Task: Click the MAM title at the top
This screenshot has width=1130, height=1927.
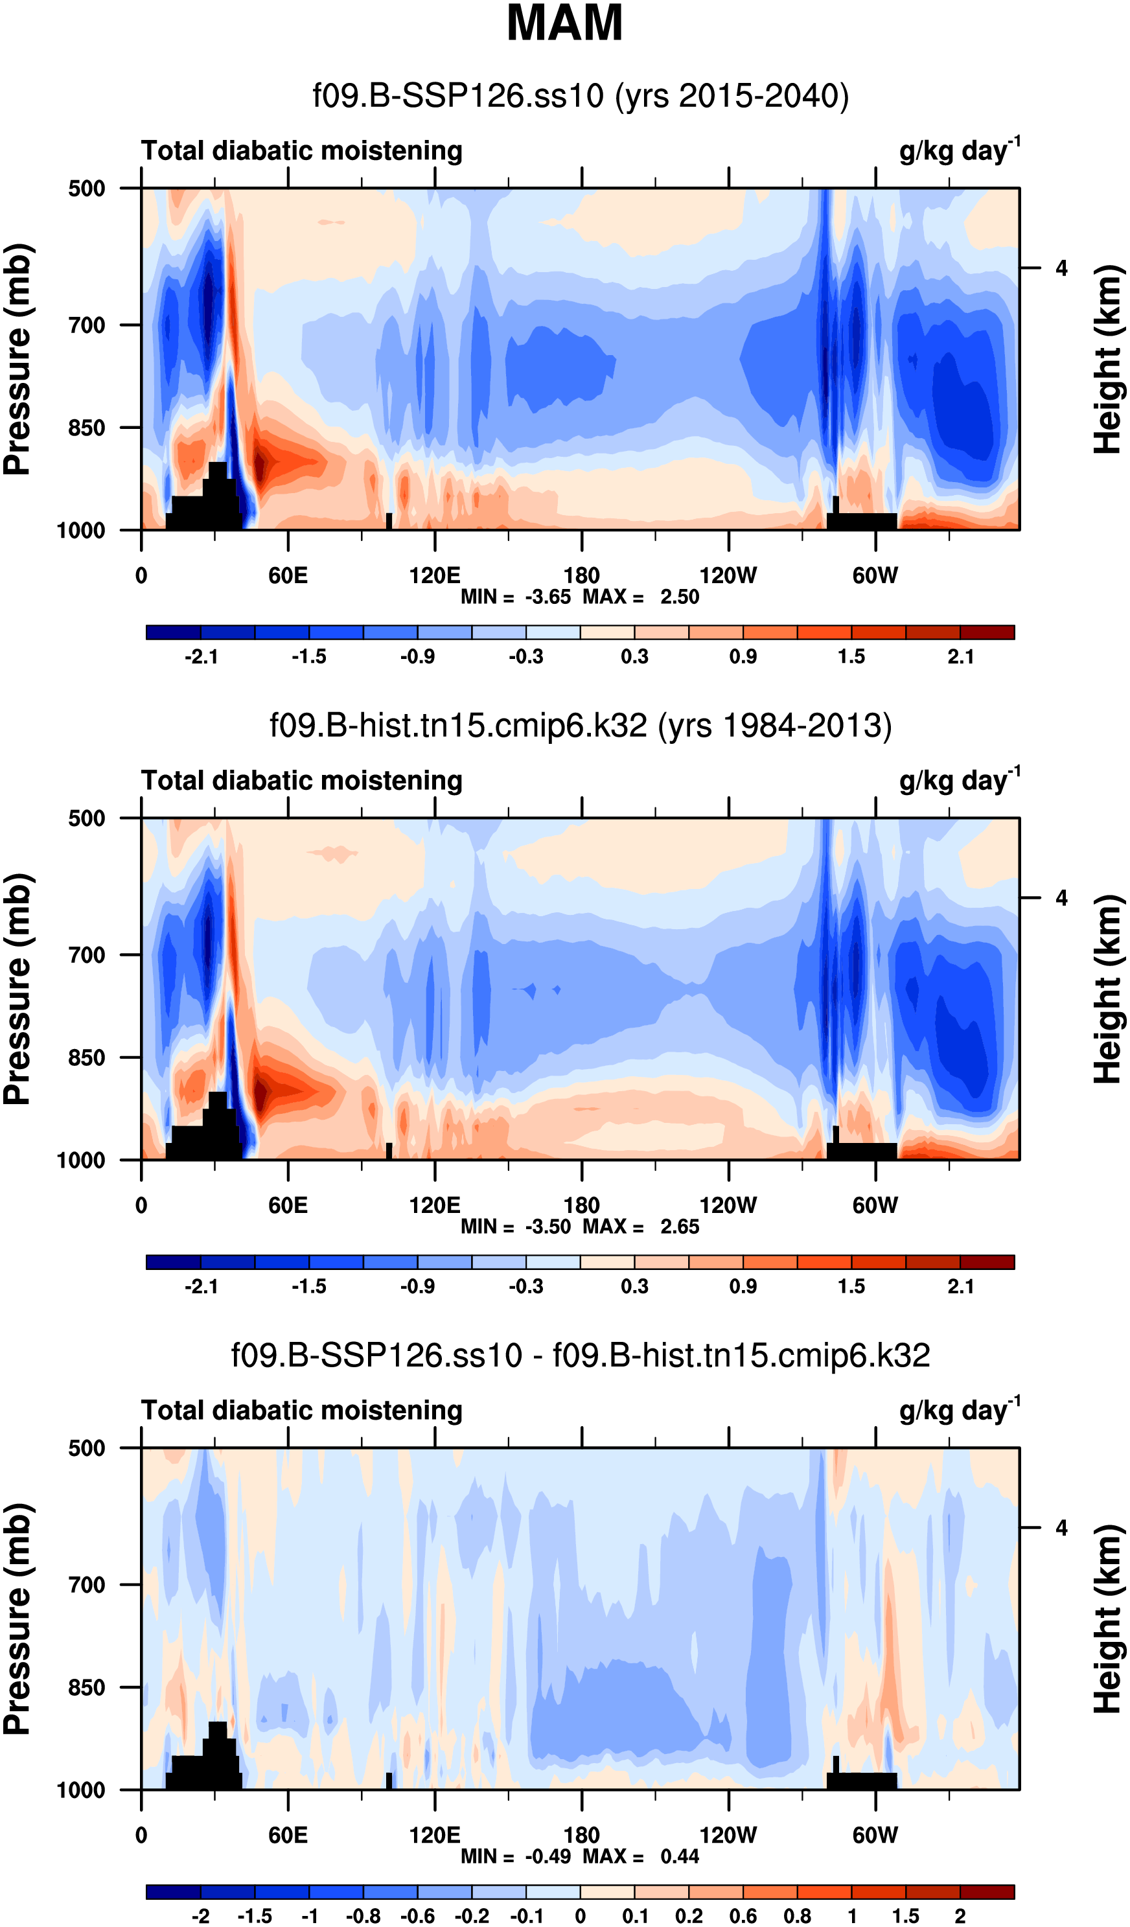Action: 564,23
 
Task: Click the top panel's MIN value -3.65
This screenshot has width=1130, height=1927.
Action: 548,597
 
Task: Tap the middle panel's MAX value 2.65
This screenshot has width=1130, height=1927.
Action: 680,1227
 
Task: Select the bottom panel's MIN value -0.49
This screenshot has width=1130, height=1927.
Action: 548,1856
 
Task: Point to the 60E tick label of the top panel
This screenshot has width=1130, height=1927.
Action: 288,576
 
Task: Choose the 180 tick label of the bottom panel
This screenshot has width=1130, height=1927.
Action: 581,1835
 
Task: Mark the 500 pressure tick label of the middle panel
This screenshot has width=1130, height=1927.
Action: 86,819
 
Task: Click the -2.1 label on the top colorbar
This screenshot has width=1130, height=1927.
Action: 201,657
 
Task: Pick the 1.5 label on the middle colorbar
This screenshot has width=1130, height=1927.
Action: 851,1287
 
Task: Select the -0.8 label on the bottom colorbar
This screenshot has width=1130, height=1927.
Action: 363,1916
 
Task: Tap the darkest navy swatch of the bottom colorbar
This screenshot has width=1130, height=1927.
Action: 174,1892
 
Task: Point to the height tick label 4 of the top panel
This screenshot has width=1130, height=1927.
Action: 1061,268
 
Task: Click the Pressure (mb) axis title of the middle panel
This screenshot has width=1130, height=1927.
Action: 17,989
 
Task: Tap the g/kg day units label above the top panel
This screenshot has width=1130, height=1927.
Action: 959,150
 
